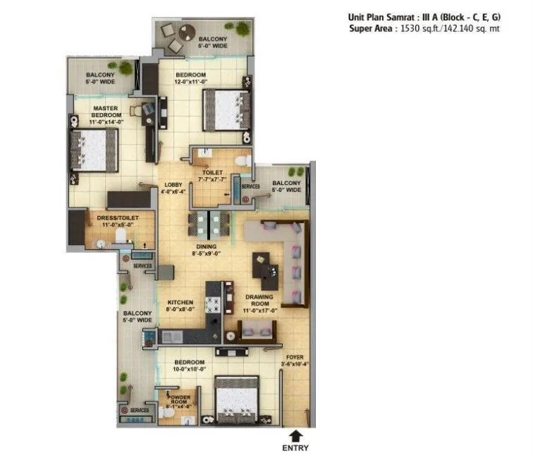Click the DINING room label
(x=207, y=250)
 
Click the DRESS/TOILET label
(x=117, y=222)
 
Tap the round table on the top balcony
(x=188, y=32)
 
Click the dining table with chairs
(x=209, y=224)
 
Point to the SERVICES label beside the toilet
(x=251, y=186)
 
